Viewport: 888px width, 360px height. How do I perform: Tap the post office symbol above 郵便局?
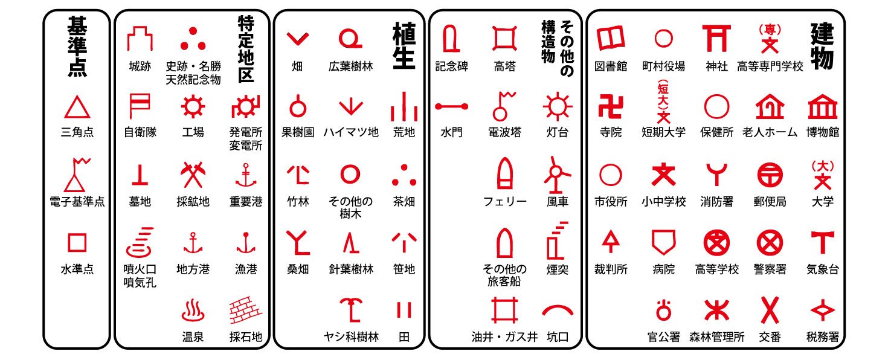click(770, 175)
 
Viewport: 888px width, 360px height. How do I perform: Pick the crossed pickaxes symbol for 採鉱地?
click(193, 175)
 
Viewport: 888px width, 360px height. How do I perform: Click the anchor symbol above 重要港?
click(246, 175)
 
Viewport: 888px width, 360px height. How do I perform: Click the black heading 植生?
click(404, 46)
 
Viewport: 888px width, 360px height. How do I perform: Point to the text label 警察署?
click(770, 269)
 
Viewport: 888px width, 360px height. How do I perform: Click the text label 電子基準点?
click(77, 201)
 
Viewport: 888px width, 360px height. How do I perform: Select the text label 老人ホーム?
click(770, 132)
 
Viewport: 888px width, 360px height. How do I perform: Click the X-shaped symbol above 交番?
click(770, 310)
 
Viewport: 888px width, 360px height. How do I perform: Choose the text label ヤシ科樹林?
click(351, 337)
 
